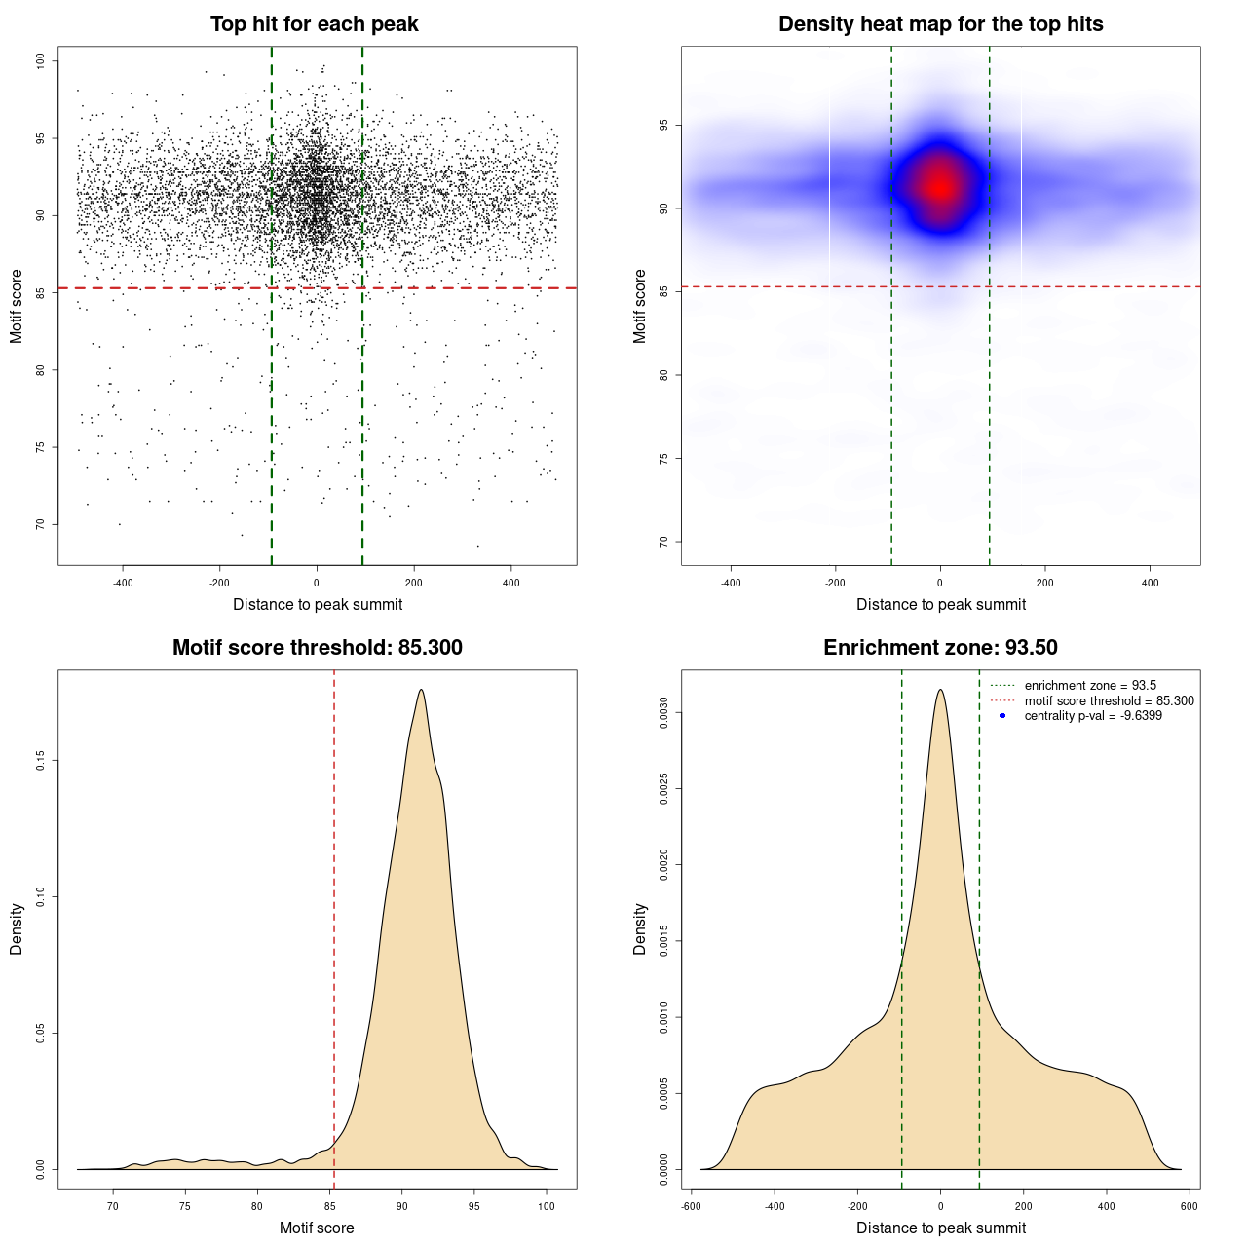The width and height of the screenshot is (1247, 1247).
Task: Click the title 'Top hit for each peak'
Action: pos(314,24)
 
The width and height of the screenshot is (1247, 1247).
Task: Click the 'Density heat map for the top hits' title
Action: pos(940,24)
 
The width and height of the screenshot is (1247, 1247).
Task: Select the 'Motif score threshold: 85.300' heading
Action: pos(317,648)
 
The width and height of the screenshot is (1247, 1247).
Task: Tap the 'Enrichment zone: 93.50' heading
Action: pos(940,648)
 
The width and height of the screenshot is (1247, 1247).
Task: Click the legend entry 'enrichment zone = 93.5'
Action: pos(1090,686)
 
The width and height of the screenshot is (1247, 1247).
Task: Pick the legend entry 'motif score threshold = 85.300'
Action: pos(1109,700)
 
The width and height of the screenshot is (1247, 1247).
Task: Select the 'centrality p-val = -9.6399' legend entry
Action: pos(1093,716)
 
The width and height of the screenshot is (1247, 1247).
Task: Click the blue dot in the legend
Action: pos(1002,716)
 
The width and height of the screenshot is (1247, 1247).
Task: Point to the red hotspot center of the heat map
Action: pos(939,186)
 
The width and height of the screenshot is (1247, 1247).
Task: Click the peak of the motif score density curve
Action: pos(421,690)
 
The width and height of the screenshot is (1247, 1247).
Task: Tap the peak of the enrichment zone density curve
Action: pos(940,690)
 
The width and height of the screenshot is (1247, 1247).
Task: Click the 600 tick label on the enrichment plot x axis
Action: pos(1189,1206)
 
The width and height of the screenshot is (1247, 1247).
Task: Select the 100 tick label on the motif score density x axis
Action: pos(547,1206)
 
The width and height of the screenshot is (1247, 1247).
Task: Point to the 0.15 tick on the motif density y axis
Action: pos(41,760)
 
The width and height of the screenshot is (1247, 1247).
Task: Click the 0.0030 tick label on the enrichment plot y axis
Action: pos(664,713)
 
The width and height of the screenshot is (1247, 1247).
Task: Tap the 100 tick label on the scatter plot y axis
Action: pos(41,61)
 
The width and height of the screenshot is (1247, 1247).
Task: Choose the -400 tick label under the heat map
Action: pos(731,583)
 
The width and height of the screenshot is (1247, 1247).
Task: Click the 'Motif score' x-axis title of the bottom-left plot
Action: pos(317,1228)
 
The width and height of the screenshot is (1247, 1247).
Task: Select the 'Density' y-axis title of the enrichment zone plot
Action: pos(640,928)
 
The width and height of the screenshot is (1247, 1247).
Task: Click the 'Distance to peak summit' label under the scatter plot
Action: pos(318,604)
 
